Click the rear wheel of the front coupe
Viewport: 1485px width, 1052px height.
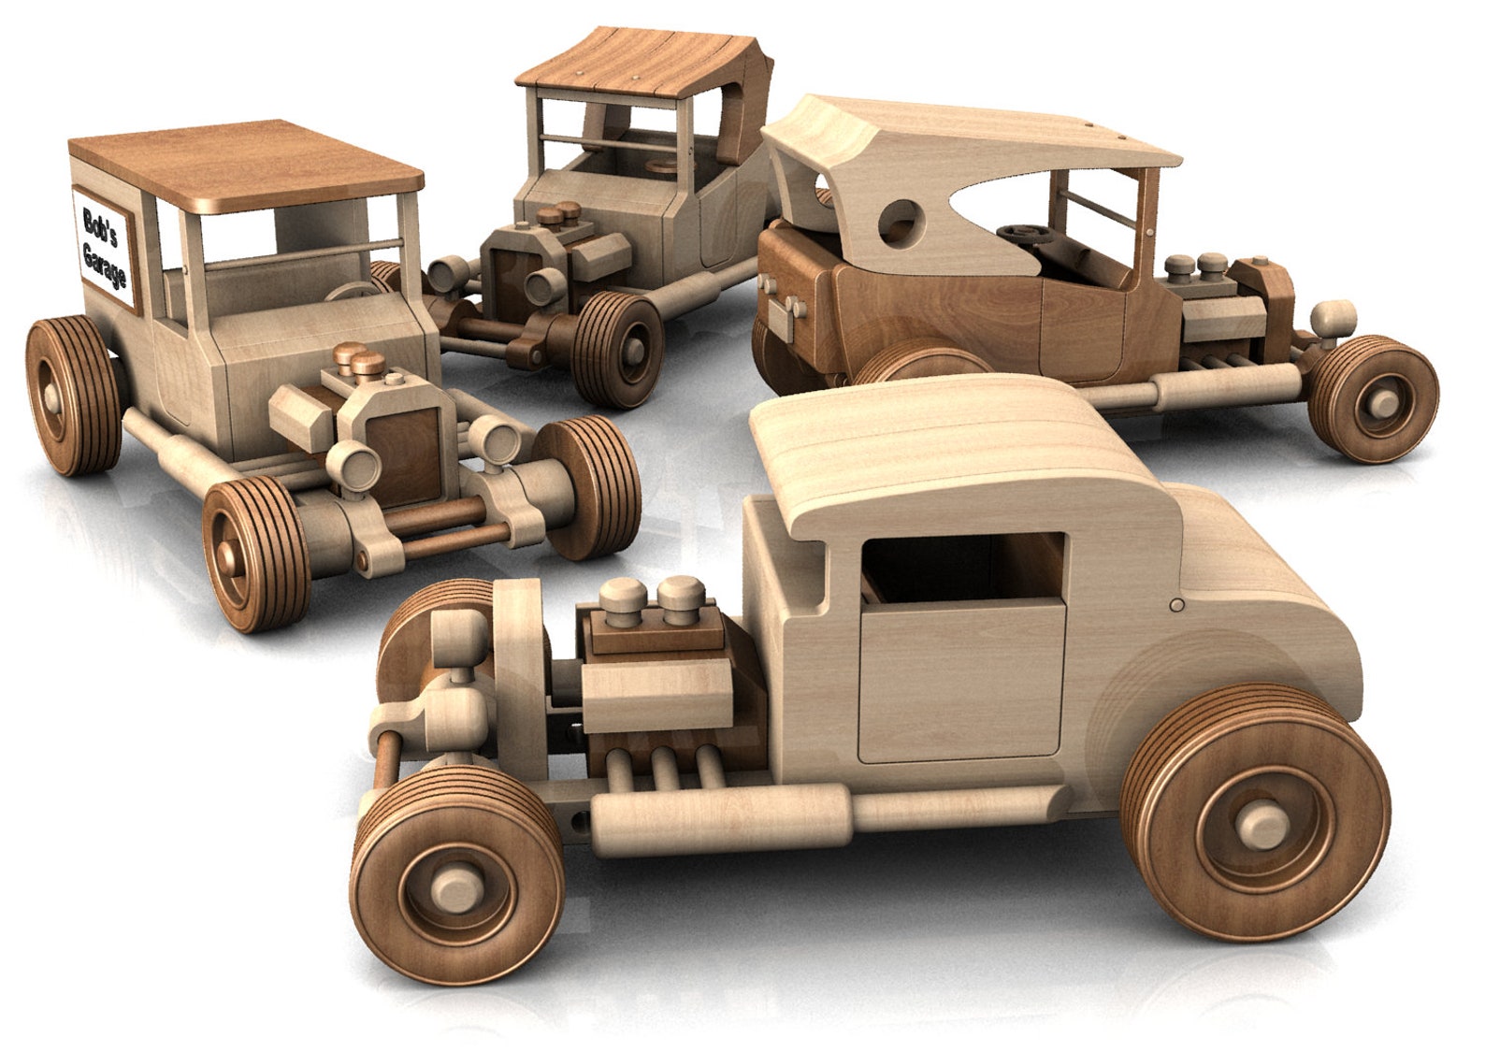coord(1255,819)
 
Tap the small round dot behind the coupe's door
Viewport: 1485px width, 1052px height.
coord(1177,605)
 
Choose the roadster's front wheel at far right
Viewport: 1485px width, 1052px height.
coord(1375,397)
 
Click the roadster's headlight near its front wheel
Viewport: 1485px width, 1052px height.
coord(1334,318)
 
